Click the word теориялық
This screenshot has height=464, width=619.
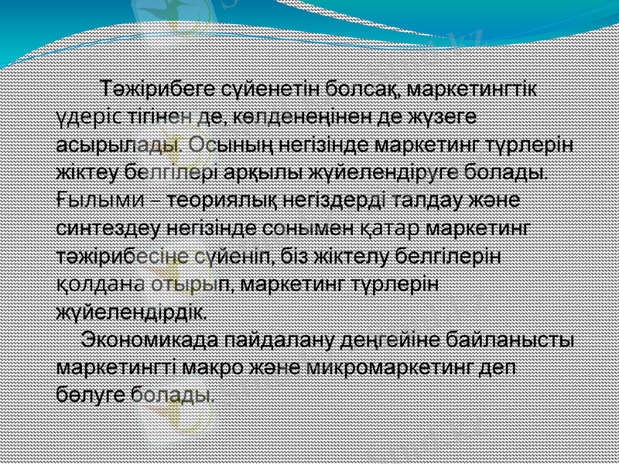(218, 200)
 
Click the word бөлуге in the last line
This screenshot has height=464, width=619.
(90, 394)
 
